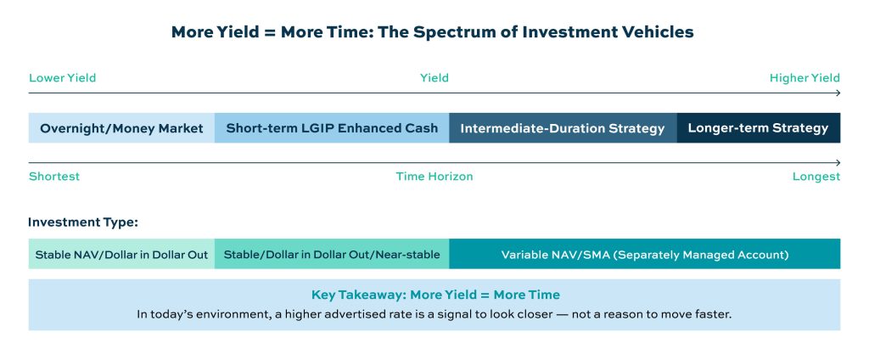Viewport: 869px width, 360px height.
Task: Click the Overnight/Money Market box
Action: point(121,128)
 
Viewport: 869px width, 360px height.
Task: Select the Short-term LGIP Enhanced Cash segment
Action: point(332,128)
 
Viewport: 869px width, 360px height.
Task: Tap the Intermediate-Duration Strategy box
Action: point(563,128)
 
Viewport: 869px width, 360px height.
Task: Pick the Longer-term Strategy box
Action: point(758,128)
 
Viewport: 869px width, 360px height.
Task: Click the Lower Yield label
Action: point(62,77)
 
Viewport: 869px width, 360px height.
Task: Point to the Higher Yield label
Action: point(805,77)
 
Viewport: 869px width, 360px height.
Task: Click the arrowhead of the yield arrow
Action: point(838,93)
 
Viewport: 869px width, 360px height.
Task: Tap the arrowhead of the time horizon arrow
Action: point(838,162)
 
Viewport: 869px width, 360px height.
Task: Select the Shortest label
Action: point(54,177)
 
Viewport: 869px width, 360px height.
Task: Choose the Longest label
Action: point(816,177)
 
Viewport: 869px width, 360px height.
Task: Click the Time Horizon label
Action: point(434,177)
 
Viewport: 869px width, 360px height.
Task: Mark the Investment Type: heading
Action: point(83,222)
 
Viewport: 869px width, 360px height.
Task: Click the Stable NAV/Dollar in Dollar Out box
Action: point(121,254)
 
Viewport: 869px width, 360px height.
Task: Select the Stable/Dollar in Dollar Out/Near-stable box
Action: point(332,254)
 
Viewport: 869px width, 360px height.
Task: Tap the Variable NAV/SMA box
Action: point(645,254)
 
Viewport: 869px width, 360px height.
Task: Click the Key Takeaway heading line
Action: point(435,295)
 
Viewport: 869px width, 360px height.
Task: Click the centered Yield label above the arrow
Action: point(434,77)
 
